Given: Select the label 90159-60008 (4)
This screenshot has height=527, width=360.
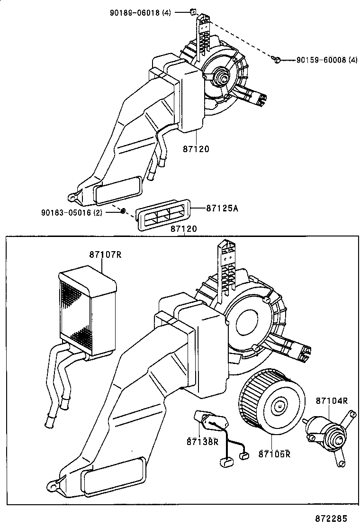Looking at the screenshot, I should point(327,60).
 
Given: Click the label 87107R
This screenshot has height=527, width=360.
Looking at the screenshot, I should point(105,254).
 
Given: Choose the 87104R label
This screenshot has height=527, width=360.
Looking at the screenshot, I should point(332,400).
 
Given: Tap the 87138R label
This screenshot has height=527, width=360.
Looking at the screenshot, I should point(202,442).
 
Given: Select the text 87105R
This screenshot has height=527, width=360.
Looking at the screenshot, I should point(274,454).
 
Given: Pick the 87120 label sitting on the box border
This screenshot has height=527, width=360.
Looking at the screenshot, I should point(183,229).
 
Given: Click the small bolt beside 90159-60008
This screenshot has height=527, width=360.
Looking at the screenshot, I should point(278,59).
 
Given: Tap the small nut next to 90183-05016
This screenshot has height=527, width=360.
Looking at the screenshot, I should point(122,211).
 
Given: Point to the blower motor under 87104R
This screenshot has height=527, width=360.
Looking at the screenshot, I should point(327,432).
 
